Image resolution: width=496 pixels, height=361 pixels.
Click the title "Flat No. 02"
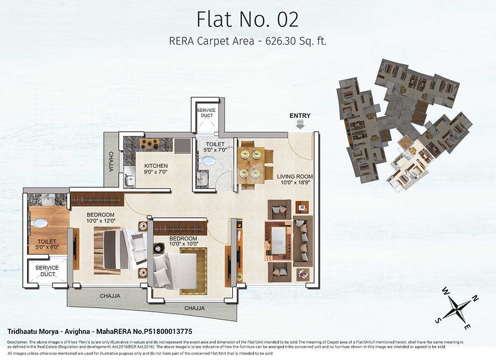coord(247,19)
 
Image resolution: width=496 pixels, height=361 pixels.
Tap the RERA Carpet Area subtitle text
coord(247,42)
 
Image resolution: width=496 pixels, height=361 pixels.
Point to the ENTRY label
coord(300,116)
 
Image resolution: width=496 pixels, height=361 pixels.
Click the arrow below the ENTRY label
coord(300,125)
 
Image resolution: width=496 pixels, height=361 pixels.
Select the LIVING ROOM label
coord(295,180)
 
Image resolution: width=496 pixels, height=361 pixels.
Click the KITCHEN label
coord(156,169)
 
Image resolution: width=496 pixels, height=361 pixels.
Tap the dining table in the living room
coord(252,162)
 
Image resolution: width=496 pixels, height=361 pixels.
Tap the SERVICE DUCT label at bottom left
coord(46,271)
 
